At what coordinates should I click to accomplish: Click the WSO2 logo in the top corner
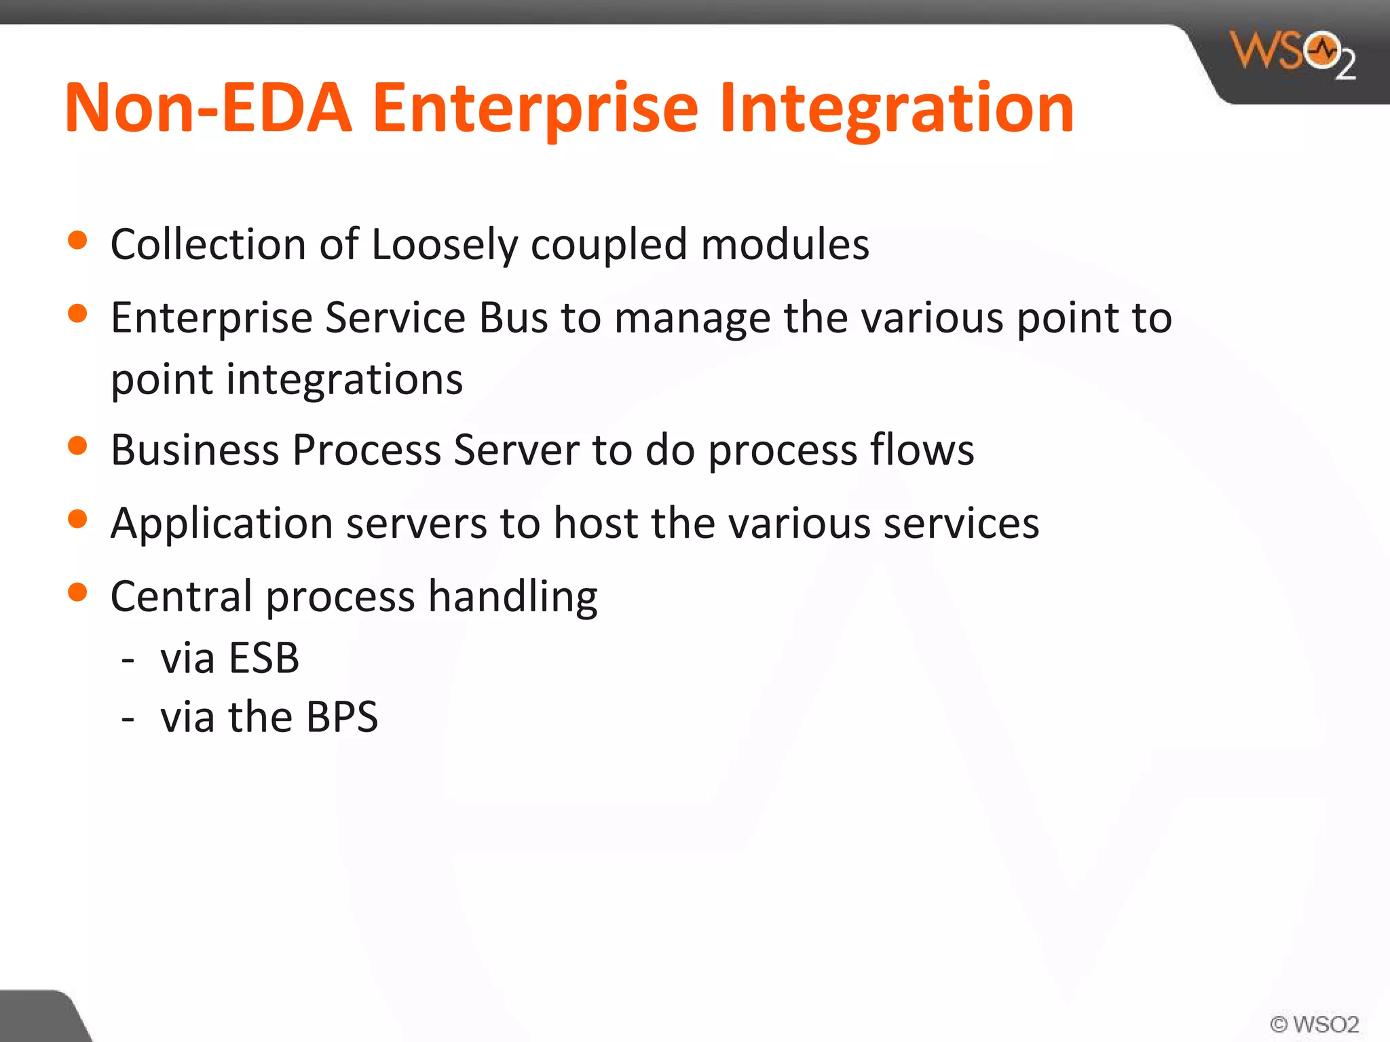tap(1292, 54)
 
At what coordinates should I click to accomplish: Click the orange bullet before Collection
tap(78, 241)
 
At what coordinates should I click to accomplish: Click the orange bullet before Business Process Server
tap(78, 446)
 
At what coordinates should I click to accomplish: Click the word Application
tap(221, 524)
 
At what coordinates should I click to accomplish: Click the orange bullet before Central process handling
tap(78, 592)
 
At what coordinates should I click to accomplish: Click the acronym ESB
tap(264, 657)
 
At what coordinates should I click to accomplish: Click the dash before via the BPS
tap(128, 718)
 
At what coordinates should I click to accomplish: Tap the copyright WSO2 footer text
tap(1314, 1024)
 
